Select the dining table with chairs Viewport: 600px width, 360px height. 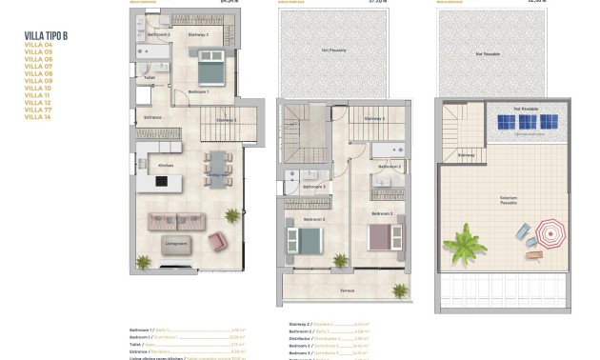pos(217,167)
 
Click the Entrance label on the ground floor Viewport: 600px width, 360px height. pos(152,118)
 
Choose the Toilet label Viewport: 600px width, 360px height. pos(150,78)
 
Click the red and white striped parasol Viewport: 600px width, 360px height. pos(550,232)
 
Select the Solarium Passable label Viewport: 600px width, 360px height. pos(509,201)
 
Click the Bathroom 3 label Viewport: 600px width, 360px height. pos(315,186)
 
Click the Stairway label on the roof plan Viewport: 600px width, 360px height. pos(466,154)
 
